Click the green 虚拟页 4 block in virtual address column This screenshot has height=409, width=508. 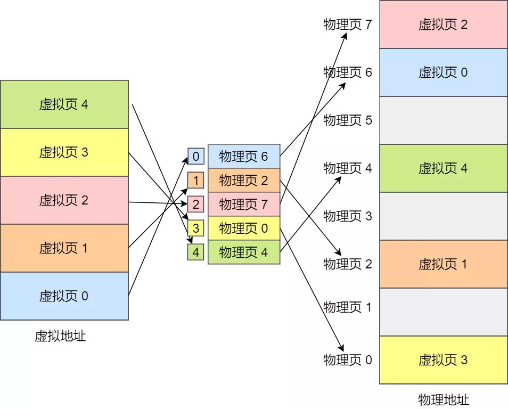click(64, 104)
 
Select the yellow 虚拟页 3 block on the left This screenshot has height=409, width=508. click(64, 152)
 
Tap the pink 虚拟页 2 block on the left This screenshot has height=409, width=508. click(64, 200)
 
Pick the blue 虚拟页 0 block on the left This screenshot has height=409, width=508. click(64, 296)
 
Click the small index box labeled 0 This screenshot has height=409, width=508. click(196, 157)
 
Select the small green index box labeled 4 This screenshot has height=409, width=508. click(196, 252)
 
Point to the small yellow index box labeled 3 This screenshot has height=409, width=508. click(196, 228)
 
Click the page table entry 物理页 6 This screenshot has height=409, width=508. click(244, 156)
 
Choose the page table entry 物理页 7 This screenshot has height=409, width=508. click(244, 204)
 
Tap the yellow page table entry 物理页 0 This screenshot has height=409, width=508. click(244, 228)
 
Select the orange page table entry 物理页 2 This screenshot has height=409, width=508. click(244, 180)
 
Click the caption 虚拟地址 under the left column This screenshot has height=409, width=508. click(60, 336)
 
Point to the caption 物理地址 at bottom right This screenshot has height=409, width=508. click(444, 399)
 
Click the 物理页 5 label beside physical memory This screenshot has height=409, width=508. click(348, 120)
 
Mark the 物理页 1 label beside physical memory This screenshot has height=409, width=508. click(348, 307)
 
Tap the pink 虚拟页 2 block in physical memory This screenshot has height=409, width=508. click(443, 24)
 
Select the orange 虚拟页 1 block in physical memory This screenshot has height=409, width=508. click(443, 264)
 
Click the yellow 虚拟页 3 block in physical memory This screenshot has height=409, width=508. click(443, 360)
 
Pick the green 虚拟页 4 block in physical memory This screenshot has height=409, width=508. click(443, 168)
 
